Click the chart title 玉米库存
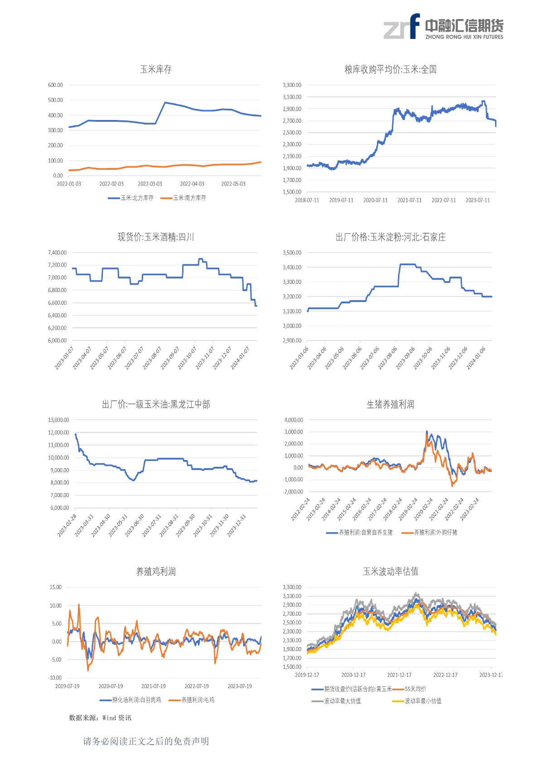click(x=156, y=69)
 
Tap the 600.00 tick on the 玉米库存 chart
click(x=55, y=85)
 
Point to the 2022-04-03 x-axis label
click(x=192, y=184)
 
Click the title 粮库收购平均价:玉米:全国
click(x=390, y=69)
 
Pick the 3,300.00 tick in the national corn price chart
click(x=292, y=85)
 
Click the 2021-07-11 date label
click(x=409, y=200)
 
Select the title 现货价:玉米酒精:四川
click(x=156, y=237)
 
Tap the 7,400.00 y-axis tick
click(x=57, y=253)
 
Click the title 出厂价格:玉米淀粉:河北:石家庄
click(x=390, y=237)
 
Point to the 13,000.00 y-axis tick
click(x=58, y=420)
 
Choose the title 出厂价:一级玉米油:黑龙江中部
click(x=156, y=404)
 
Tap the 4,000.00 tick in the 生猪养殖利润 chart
click(x=294, y=420)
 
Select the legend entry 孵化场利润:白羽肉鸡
click(x=136, y=700)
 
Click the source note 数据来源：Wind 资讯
click(x=100, y=718)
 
